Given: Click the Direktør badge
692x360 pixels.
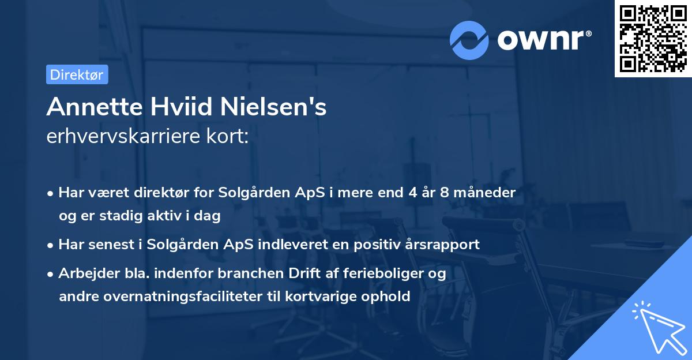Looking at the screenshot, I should [x=77, y=74].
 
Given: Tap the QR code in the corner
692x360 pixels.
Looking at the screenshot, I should [x=652, y=39].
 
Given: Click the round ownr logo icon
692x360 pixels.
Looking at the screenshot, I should [x=470, y=40].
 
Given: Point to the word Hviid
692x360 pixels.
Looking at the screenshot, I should [x=170, y=107].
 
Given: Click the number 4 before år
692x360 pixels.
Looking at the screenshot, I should [x=412, y=192].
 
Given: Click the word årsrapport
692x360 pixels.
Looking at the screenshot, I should [x=443, y=244].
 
